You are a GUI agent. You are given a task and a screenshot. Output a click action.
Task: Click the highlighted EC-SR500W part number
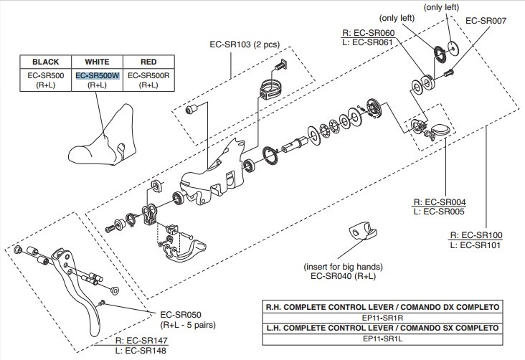[x=97, y=75]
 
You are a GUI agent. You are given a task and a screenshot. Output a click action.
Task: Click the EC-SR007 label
[x=486, y=21]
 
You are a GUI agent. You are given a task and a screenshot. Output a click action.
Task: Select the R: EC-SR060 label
[x=369, y=32]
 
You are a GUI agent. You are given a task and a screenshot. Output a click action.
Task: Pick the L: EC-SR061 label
[x=369, y=42]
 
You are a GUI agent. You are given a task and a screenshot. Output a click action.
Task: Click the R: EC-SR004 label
[x=440, y=202]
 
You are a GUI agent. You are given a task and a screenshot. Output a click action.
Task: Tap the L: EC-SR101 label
[x=476, y=245]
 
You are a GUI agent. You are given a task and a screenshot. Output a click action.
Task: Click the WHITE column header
[x=97, y=61]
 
